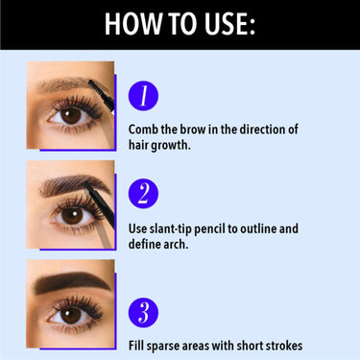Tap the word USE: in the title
coord(228,24)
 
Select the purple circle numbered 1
coord(142,94)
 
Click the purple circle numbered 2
coord(142,193)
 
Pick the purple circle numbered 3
coord(142,312)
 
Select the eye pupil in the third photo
coord(69,314)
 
